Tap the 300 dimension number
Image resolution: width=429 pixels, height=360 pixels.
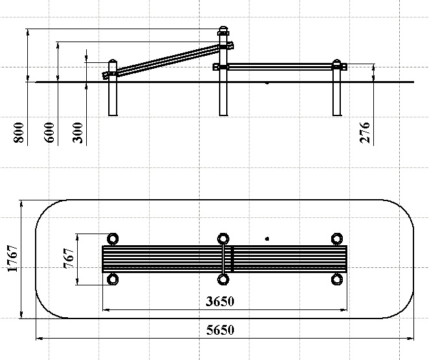click(79, 132)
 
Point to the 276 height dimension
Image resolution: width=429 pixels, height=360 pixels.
click(365, 132)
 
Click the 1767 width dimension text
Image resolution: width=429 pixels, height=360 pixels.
click(12, 259)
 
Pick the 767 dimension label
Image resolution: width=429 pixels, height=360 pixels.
click(68, 258)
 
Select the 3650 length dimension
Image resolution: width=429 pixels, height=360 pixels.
click(221, 301)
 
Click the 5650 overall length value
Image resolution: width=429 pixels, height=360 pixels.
click(220, 330)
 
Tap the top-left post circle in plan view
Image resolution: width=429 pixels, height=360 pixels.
click(113, 238)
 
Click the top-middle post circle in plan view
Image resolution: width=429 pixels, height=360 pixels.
click(224, 238)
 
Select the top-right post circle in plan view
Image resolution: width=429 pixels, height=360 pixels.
click(336, 238)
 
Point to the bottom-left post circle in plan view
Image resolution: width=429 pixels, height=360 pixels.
click(113, 280)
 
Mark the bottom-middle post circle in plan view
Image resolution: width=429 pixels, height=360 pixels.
click(224, 280)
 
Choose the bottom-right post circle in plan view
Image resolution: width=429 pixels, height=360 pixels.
click(336, 280)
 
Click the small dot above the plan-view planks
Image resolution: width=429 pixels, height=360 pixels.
click(266, 239)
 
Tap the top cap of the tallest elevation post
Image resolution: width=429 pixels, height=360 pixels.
click(224, 30)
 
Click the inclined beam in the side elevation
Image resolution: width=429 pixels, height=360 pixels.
click(168, 60)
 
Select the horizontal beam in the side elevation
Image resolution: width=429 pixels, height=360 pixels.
click(279, 66)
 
